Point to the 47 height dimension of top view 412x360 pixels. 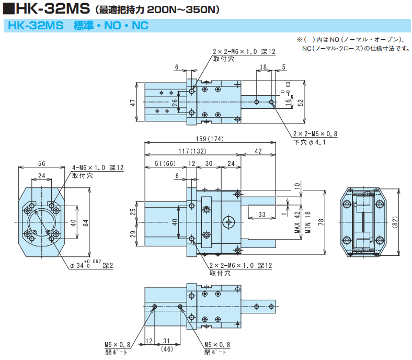coord(133,103)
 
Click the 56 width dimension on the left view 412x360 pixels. coord(41,163)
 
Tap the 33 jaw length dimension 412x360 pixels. coord(262,213)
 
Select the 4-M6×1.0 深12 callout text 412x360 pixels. coord(98,168)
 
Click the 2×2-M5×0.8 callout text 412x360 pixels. coord(315,134)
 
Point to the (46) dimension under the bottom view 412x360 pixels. coord(167,348)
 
